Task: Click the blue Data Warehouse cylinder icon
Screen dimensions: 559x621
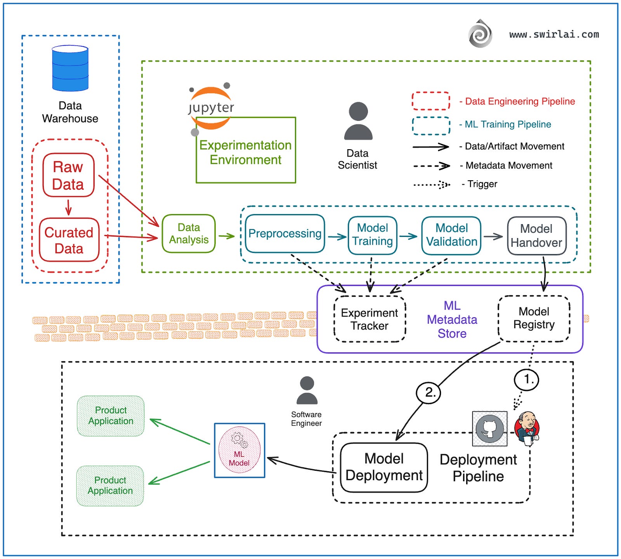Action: tap(70, 68)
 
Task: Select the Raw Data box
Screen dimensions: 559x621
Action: tap(68, 175)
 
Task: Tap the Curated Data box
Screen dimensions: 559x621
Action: tap(69, 240)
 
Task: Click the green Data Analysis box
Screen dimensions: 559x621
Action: tap(189, 233)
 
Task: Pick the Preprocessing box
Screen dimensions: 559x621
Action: tap(285, 233)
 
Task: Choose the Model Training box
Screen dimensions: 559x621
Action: tap(372, 235)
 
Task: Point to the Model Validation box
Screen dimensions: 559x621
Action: tap(451, 235)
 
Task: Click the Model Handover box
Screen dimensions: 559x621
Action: tap(536, 235)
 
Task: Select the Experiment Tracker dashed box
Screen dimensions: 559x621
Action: tap(369, 319)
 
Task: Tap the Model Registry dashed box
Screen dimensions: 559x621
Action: tap(534, 318)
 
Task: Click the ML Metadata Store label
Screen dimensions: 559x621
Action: tap(452, 319)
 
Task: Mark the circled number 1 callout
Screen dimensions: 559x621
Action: tap(526, 379)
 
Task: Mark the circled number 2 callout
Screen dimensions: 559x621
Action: tap(428, 392)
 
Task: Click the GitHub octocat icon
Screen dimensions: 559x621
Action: tap(490, 429)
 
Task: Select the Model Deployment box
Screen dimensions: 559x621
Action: tap(384, 467)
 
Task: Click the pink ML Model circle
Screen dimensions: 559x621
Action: tap(239, 450)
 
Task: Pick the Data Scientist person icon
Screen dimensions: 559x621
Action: tap(358, 121)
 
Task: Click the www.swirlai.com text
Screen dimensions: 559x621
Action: tap(554, 35)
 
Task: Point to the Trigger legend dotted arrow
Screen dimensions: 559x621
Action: tap(432, 185)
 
